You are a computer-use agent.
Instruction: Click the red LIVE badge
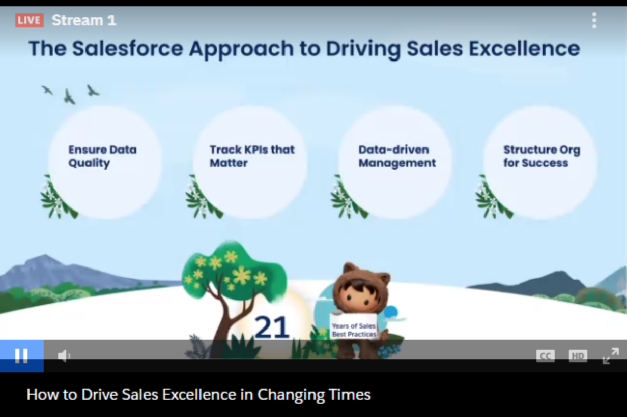[30, 20]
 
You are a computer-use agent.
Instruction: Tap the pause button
[21, 356]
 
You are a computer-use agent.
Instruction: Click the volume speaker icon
[64, 356]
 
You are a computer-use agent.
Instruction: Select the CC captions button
[545, 356]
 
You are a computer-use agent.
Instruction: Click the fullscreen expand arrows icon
[611, 356]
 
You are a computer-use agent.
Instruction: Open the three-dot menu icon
[594, 20]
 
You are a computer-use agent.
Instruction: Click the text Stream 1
[84, 20]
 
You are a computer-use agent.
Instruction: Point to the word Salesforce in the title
[128, 49]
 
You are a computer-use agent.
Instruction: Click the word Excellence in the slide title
[524, 49]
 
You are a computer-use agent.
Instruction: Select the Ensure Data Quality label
[103, 156]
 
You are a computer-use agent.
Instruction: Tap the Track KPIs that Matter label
[252, 156]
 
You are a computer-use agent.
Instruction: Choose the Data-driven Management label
[397, 156]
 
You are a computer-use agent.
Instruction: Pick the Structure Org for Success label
[542, 156]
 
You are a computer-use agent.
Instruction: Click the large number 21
[272, 327]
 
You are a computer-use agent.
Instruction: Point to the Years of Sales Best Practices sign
[354, 326]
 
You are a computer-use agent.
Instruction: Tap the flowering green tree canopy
[234, 271]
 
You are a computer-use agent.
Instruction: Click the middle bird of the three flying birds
[69, 97]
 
